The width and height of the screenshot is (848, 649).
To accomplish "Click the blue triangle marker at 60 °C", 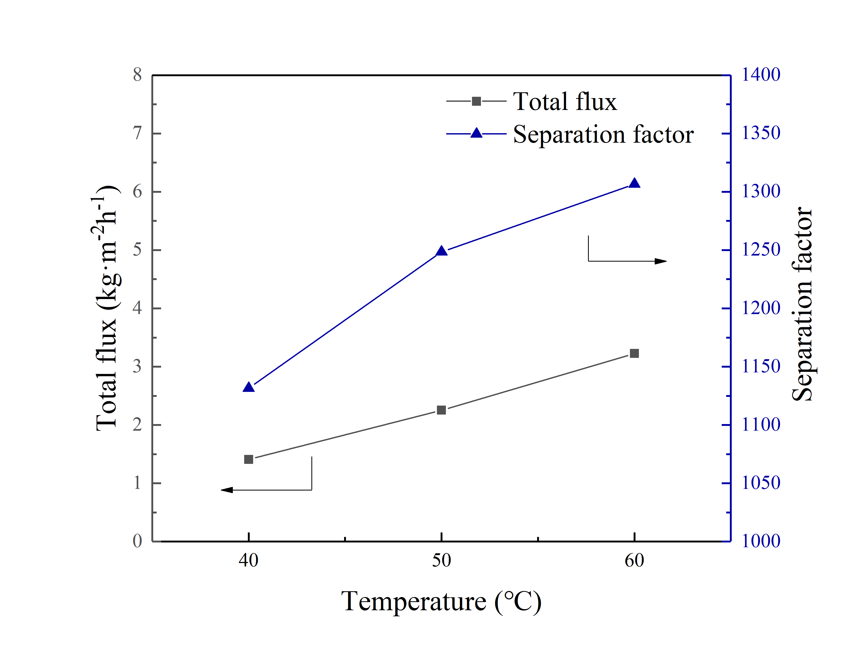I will pos(634,183).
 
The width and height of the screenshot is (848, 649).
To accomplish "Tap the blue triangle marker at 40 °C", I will pos(249,387).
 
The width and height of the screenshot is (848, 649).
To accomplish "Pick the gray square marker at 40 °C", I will pos(249,459).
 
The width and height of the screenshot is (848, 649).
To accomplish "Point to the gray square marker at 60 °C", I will pos(634,353).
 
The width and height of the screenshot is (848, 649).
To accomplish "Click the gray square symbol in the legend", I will pos(476,101).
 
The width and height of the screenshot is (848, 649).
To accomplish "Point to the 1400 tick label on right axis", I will pos(761,75).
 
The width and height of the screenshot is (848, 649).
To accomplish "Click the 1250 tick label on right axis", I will pos(761,249).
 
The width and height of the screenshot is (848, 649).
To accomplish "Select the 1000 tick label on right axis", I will pos(761,541).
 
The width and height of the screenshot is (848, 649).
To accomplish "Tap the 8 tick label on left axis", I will pos(137,75).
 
